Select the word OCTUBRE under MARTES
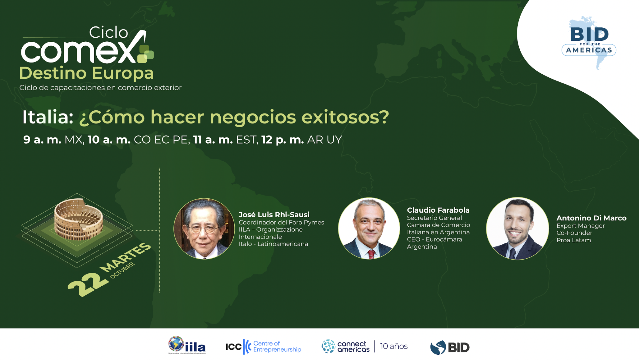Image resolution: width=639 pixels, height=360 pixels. pos(122,270)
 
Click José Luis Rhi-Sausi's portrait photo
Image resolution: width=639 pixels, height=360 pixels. pos(204,229)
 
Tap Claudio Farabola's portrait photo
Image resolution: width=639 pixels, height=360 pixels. pos(369,228)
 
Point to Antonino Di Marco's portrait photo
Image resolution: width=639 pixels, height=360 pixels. pos(517,228)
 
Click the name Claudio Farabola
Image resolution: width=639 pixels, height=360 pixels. pos(438,210)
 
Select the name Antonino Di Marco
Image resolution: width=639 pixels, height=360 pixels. pos(591,218)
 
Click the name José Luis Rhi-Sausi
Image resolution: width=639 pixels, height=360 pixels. pos(274,215)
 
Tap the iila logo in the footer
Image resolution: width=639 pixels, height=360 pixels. pos(187,345)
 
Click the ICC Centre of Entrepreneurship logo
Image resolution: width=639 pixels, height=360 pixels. pos(263,346)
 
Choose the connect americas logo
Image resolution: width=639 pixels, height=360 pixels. pos(346,346)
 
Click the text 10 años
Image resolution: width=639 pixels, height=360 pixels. pos(393,346)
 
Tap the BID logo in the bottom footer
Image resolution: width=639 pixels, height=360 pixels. pos(450,347)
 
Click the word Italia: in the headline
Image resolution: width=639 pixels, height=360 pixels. pos(48,117)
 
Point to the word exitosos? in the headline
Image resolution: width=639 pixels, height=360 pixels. pos(345,117)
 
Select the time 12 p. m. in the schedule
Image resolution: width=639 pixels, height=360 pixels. pos(283,140)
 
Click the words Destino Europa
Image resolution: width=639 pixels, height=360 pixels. pos(86,73)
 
